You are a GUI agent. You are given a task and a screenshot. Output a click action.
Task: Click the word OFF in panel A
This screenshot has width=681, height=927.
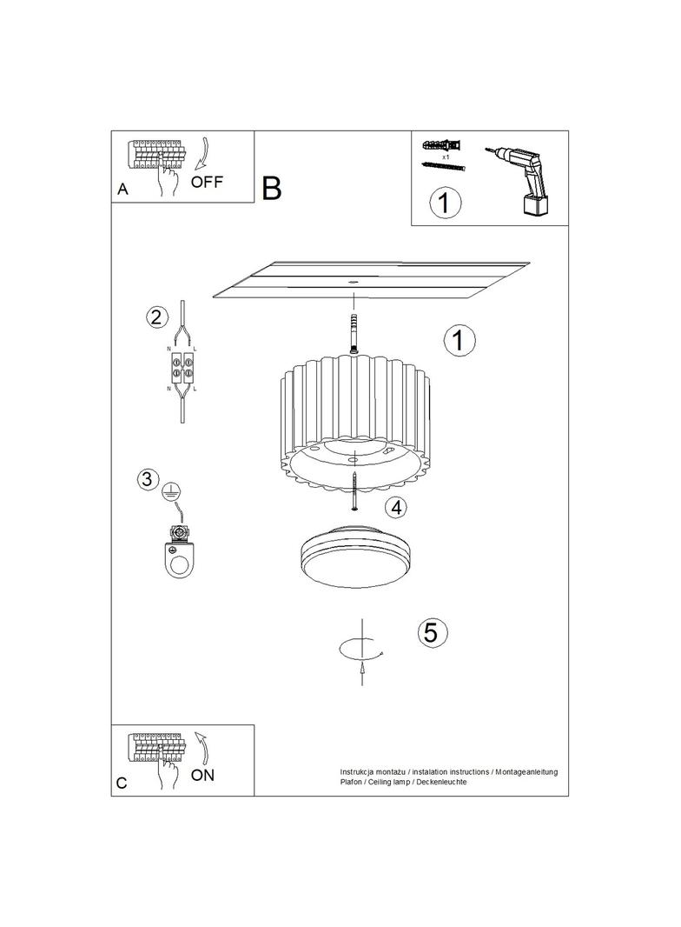tap(207, 182)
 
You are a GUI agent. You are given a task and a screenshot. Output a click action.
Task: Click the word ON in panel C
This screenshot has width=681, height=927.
tap(202, 775)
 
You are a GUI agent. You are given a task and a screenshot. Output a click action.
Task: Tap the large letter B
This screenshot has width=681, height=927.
tap(272, 188)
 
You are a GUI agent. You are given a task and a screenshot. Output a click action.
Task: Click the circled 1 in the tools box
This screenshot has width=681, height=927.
tap(445, 203)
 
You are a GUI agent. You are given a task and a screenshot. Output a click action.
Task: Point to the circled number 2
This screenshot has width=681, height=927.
tap(156, 317)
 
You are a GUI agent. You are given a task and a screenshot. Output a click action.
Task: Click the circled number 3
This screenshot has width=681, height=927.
tap(148, 479)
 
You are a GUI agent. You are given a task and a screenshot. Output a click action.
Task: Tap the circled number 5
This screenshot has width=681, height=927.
tap(432, 632)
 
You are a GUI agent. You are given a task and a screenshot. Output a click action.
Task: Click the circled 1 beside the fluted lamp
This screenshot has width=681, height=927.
tap(459, 341)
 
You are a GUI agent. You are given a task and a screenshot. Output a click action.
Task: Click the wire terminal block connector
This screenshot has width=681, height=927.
tap(182, 366)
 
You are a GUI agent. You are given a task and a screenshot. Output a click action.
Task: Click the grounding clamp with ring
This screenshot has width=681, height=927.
tap(178, 553)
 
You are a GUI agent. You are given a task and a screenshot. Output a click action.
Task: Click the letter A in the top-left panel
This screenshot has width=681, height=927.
tap(122, 190)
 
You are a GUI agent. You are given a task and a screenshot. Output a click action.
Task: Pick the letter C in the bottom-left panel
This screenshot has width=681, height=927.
tap(122, 783)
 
